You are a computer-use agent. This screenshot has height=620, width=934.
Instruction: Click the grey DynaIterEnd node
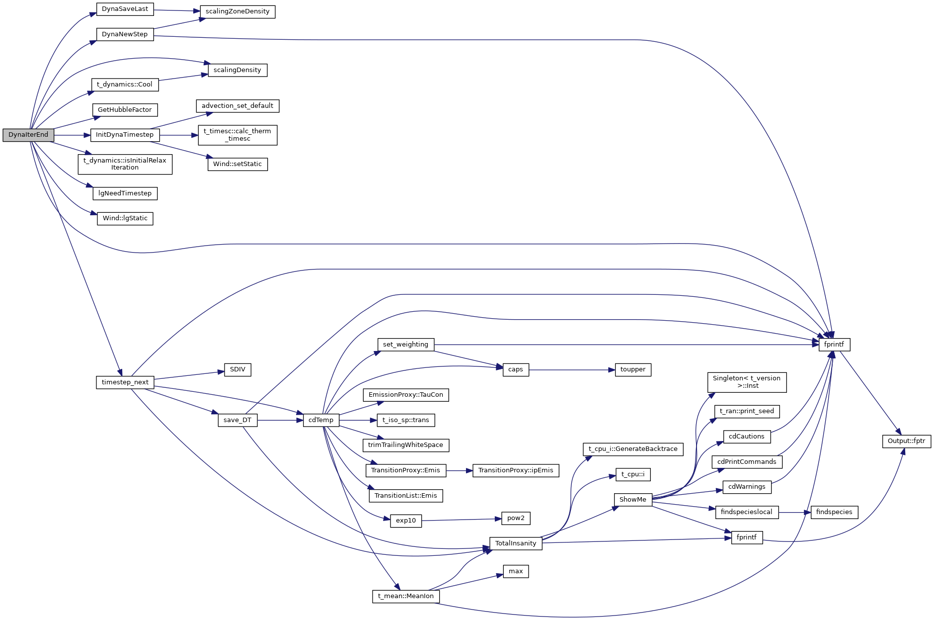tap(28, 135)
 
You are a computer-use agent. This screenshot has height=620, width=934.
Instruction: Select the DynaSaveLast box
tap(125, 9)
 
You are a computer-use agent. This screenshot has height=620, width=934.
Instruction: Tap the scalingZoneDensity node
tap(237, 11)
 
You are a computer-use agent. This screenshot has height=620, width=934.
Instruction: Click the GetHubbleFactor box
tap(125, 110)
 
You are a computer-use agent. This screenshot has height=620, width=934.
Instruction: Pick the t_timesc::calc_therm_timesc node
tap(237, 135)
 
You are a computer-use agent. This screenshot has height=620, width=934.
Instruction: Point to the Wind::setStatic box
tap(237, 164)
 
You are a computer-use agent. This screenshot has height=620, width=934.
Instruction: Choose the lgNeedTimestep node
tap(125, 193)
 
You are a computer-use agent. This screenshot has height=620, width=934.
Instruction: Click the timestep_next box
tap(125, 382)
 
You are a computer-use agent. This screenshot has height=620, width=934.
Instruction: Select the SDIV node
tap(237, 370)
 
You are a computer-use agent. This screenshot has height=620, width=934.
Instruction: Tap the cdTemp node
tap(321, 420)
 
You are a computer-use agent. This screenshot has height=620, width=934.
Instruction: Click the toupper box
tap(632, 369)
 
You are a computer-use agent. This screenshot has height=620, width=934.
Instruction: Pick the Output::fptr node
tap(906, 441)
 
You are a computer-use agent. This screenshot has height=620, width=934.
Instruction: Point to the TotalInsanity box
tap(515, 543)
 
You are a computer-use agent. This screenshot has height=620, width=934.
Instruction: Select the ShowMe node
tap(632, 500)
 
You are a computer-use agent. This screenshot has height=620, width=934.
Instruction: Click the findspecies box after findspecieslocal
tap(834, 512)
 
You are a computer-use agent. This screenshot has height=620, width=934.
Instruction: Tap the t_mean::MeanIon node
tap(405, 596)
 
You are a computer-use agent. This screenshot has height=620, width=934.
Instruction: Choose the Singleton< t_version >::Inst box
tap(746, 382)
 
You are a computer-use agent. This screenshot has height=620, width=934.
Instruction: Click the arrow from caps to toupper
tap(571, 370)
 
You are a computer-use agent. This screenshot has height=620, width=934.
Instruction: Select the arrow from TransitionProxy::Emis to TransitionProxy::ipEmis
tap(459, 470)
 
